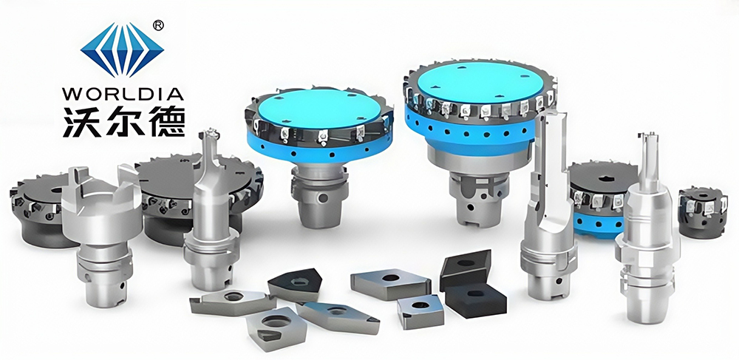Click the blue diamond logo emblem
(122, 50)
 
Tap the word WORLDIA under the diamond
(123, 93)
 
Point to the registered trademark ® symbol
(159, 26)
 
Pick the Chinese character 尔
(123, 121)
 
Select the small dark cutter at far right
(703, 211)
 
